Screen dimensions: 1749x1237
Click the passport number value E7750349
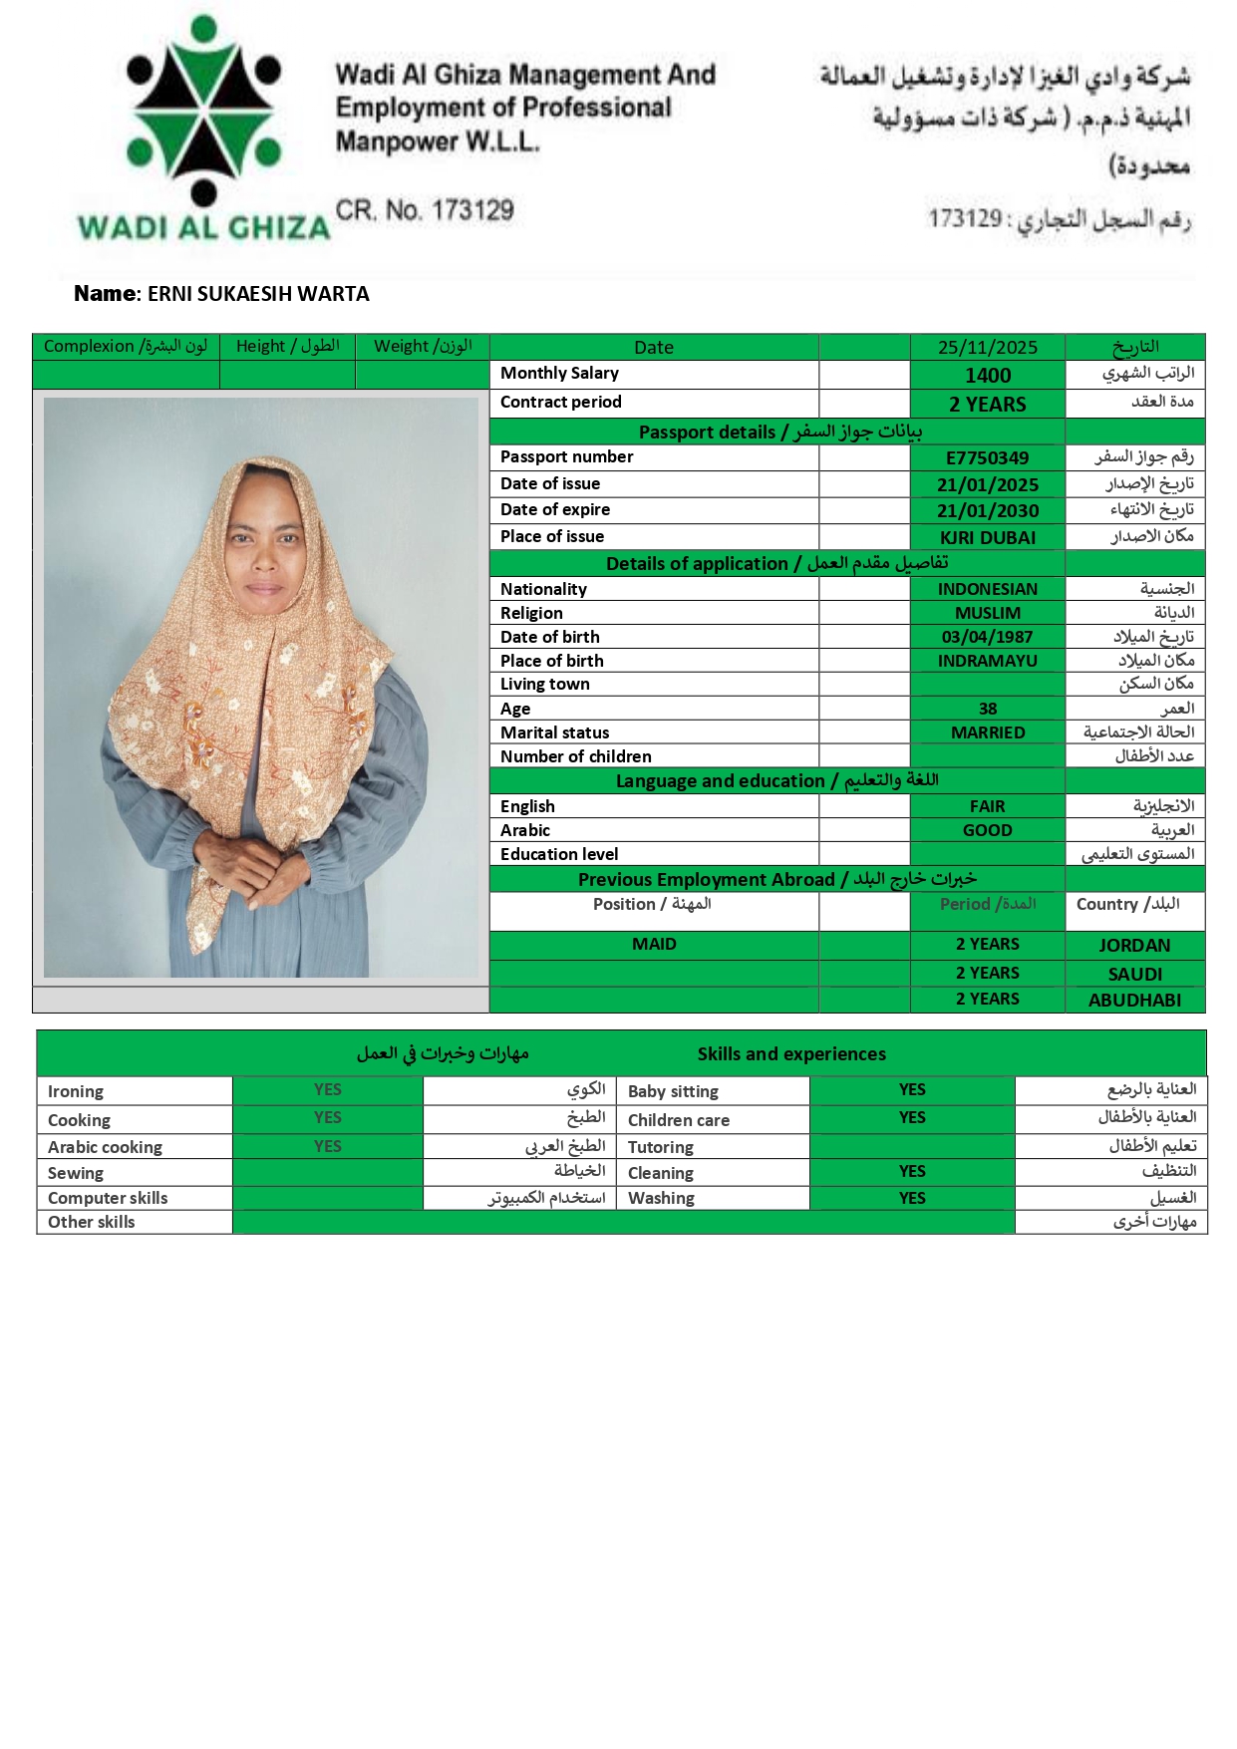pos(987,458)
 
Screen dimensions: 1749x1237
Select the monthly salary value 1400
pos(987,376)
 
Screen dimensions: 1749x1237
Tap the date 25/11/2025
pos(987,348)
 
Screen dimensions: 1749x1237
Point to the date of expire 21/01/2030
pos(987,511)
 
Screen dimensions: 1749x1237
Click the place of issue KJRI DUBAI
pos(987,538)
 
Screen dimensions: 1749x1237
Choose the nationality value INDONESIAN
pos(987,589)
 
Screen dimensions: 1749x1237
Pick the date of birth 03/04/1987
pos(987,637)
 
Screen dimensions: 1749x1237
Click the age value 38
pos(987,709)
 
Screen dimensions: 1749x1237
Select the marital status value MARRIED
pos(987,732)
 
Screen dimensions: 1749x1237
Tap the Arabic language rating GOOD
pos(987,830)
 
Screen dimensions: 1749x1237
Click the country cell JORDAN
pos(1134,946)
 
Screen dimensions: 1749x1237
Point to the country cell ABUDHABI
pos(1134,1001)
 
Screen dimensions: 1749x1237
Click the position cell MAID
pos(654,944)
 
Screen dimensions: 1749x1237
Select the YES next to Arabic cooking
pos(328,1147)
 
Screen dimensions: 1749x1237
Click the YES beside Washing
pos(912,1198)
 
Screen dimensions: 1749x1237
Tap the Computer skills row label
pos(108,1198)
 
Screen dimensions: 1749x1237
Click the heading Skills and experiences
pos(791,1054)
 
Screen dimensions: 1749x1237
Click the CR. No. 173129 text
pos(425,211)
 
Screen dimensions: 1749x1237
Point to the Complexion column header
pos(126,347)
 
